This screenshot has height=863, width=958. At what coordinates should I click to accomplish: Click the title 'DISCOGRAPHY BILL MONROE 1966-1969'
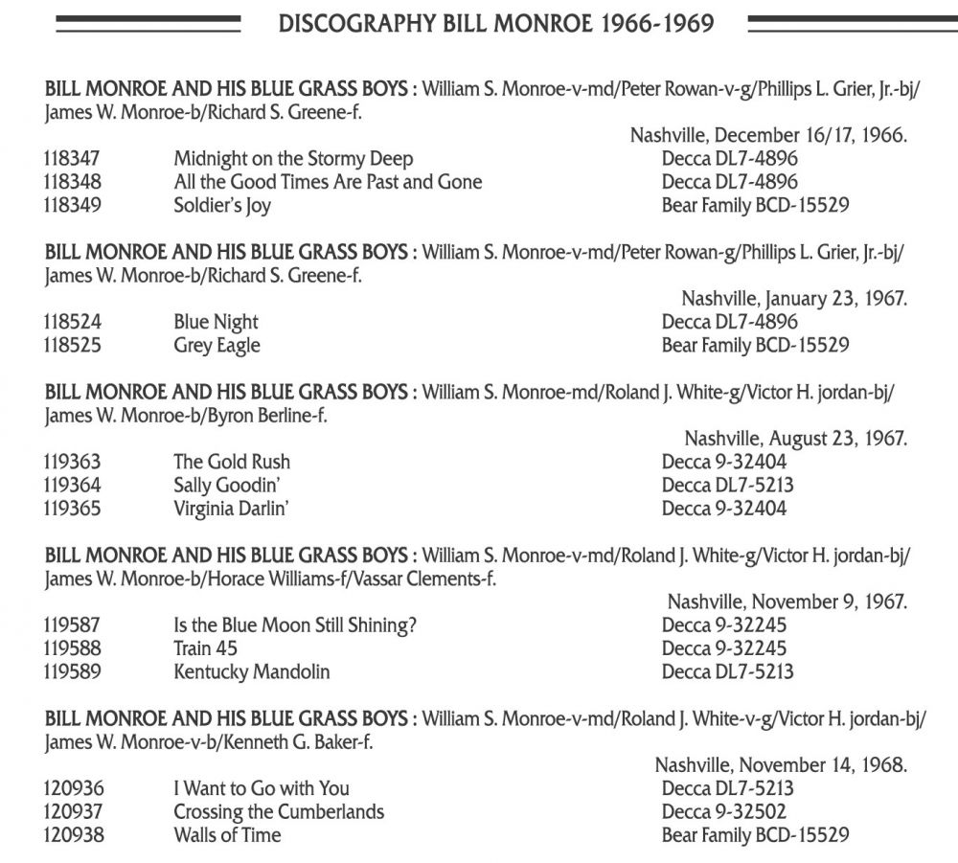(495, 23)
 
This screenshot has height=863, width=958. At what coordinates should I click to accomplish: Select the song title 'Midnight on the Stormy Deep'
(293, 159)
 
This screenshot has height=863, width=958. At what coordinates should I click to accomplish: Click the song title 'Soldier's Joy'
(222, 205)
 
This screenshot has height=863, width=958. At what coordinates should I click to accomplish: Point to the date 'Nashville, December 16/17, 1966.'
(768, 136)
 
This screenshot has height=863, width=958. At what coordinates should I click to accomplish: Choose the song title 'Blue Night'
(216, 323)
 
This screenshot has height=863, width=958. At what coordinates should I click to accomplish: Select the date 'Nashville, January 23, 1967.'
(794, 300)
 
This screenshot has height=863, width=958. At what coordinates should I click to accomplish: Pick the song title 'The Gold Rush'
(232, 463)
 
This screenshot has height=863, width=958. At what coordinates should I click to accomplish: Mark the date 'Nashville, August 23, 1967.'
(795, 440)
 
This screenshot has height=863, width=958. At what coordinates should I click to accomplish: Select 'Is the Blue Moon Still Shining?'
(296, 625)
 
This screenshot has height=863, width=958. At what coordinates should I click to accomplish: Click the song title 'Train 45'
(205, 648)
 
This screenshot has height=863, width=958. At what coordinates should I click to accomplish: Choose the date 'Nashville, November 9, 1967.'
(787, 602)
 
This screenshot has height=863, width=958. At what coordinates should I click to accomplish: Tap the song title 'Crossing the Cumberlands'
(279, 811)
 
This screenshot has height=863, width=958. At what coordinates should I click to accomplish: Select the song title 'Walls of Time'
(227, 834)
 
